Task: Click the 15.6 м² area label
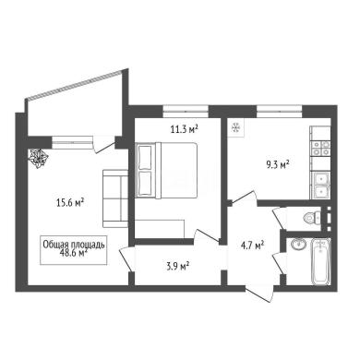[70, 202]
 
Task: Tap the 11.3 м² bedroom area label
[184, 129]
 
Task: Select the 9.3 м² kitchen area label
[278, 164]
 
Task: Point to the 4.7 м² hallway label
[253, 246]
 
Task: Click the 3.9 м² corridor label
[177, 266]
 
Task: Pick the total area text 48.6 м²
[74, 253]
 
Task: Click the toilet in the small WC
[311, 218]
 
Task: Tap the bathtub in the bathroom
[321, 261]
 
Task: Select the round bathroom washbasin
[298, 245]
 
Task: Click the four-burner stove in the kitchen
[320, 149]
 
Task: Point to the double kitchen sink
[320, 186]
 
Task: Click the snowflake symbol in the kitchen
[236, 127]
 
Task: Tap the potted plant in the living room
[39, 158]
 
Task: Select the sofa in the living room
[115, 198]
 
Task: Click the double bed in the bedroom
[166, 170]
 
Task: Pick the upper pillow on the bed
[145, 157]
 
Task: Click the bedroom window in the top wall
[186, 111]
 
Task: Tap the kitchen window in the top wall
[280, 111]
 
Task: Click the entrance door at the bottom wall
[259, 293]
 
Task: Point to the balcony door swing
[104, 145]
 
